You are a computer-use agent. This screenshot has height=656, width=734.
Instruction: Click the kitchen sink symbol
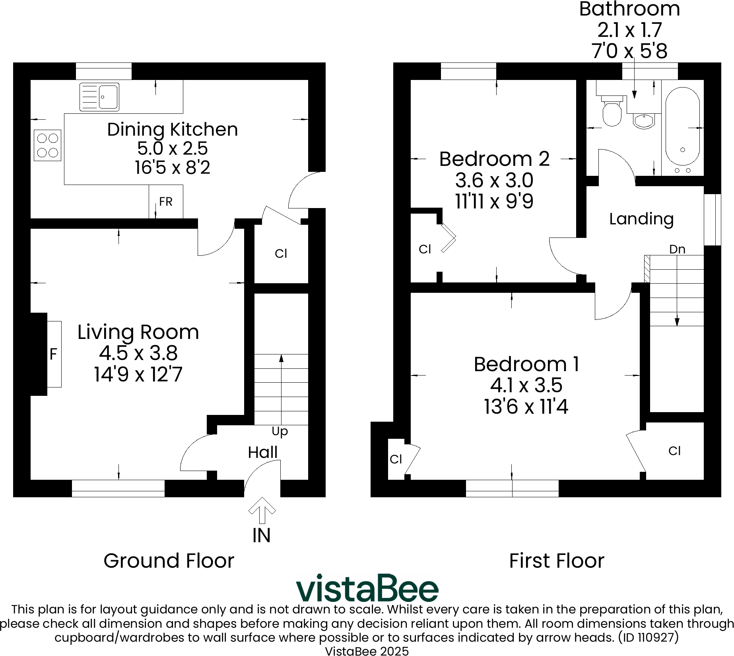pyautogui.click(x=99, y=97)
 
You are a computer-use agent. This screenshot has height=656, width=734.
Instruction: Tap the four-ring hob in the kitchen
pyautogui.click(x=48, y=145)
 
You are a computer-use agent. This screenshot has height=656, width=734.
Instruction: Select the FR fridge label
pyautogui.click(x=166, y=202)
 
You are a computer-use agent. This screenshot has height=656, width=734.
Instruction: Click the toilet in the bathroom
pyautogui.click(x=612, y=111)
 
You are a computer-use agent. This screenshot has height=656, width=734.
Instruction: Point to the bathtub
pyautogui.click(x=682, y=127)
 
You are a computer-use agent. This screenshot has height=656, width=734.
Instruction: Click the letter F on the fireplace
pyautogui.click(x=53, y=354)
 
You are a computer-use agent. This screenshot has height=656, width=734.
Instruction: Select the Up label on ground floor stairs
pyautogui.click(x=280, y=431)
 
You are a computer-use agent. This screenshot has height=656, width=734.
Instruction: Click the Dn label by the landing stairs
pyautogui.click(x=677, y=249)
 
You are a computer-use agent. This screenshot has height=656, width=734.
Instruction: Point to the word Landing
pyautogui.click(x=641, y=219)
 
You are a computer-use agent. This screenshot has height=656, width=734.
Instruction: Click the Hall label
pyautogui.click(x=263, y=452)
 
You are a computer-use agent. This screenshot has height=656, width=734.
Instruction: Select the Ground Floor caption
pyautogui.click(x=169, y=561)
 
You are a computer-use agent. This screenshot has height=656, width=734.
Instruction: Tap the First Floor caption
pyautogui.click(x=556, y=561)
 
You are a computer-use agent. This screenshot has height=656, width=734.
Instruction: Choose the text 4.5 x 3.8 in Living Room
pyautogui.click(x=138, y=353)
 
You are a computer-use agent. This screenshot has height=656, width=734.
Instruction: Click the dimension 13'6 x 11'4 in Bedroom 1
pyautogui.click(x=526, y=407)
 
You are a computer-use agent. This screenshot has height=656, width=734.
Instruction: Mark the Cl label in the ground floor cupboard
pyautogui.click(x=281, y=253)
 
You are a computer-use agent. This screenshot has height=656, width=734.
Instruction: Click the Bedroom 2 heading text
pyautogui.click(x=494, y=159)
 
